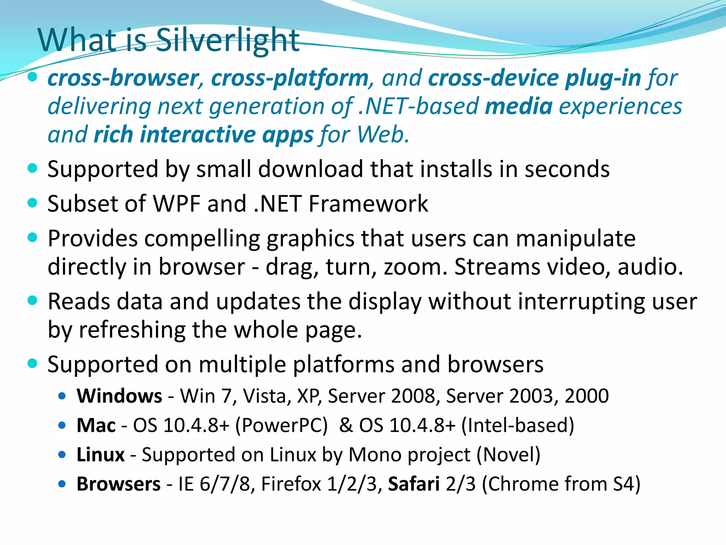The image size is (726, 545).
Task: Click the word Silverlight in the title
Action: click(x=228, y=40)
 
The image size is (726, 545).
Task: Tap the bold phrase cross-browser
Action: click(x=123, y=78)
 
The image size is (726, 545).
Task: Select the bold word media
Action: click(x=518, y=106)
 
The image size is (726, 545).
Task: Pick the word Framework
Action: click(x=368, y=204)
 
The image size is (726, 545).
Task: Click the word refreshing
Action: click(x=132, y=330)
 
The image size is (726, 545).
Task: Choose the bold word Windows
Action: click(x=119, y=396)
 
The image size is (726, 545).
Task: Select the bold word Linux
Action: click(x=101, y=455)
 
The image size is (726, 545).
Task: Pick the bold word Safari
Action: click(x=414, y=484)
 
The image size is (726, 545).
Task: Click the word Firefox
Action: click(x=291, y=484)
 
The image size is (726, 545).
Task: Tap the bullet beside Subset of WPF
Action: click(x=32, y=203)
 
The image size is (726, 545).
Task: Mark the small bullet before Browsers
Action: click(x=62, y=484)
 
